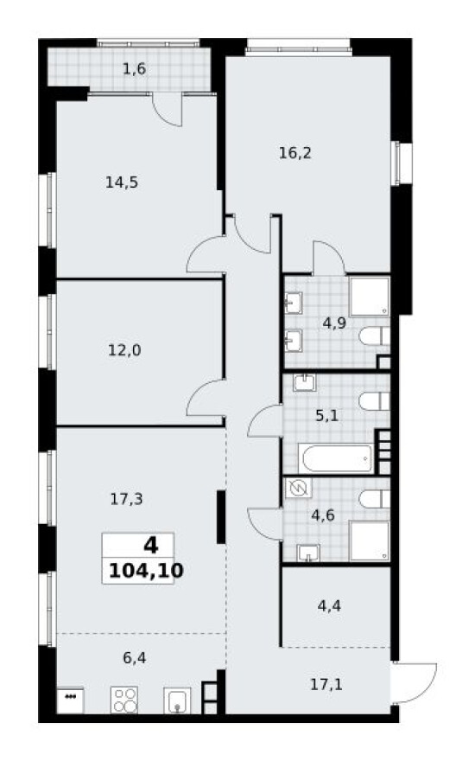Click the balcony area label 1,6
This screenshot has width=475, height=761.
(x=134, y=69)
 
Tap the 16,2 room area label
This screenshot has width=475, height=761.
(x=295, y=153)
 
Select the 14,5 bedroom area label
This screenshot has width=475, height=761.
(x=122, y=182)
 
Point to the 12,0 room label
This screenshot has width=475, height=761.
(x=124, y=350)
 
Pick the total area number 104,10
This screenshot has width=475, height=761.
(x=146, y=571)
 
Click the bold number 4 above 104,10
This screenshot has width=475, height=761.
(x=151, y=546)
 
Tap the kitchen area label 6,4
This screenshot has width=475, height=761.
(x=135, y=658)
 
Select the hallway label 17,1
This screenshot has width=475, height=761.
(x=326, y=684)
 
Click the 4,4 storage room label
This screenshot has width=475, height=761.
(x=329, y=605)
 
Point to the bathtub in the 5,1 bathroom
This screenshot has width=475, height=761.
(x=335, y=457)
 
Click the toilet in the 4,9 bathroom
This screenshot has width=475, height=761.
(x=374, y=336)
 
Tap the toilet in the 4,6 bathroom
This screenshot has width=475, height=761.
(x=374, y=499)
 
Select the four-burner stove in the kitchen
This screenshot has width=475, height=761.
(x=124, y=700)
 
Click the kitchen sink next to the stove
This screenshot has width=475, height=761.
(x=177, y=700)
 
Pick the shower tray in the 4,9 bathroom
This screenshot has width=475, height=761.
(x=370, y=297)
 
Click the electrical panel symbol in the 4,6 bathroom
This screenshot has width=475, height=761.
(x=298, y=488)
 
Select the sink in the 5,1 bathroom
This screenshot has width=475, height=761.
(x=304, y=383)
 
